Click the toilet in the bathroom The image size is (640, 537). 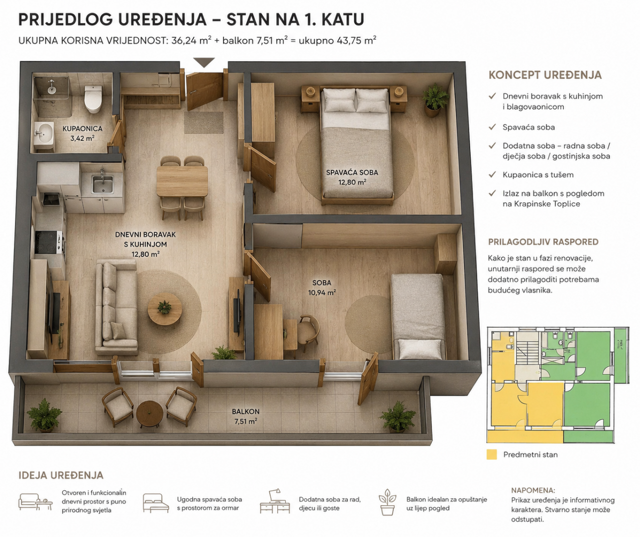click(93, 98)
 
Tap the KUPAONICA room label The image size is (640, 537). click(83, 129)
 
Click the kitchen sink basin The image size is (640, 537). click(102, 184)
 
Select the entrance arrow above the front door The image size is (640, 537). click(204, 63)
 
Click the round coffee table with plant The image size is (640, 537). click(165, 309)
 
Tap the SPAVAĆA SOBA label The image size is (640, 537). click(352, 173)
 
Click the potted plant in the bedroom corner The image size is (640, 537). click(434, 100)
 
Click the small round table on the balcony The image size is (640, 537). click(150, 414)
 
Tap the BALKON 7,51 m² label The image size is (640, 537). click(245, 416)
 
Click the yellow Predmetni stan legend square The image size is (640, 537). click(492, 454)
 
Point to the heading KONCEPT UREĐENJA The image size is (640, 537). click(545, 75)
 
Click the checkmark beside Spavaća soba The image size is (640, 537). click(492, 127)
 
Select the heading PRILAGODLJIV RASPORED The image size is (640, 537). click(543, 242)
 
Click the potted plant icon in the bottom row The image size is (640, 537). click(387, 502)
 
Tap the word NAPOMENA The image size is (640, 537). click(533, 490)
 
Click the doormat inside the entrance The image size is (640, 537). click(204, 122)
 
